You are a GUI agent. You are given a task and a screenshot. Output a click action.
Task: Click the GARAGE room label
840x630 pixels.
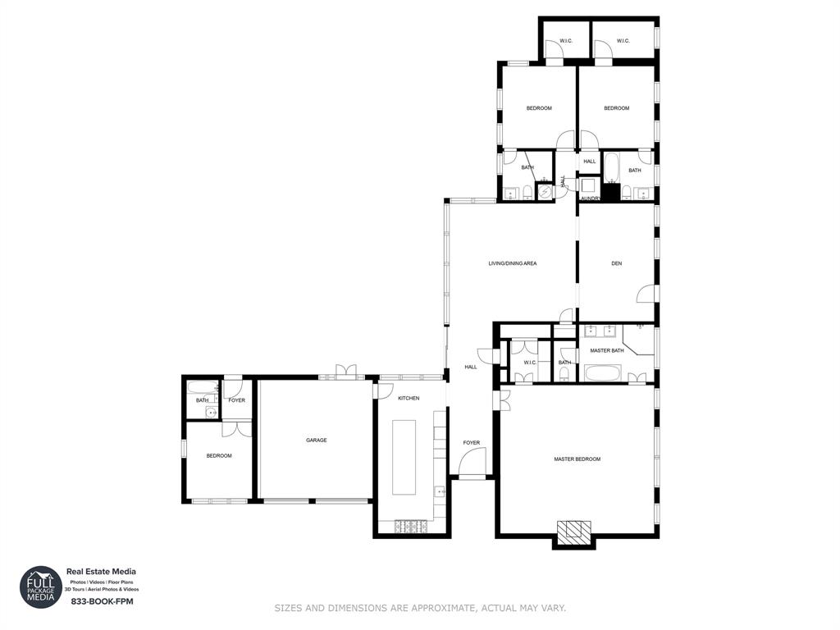click(x=317, y=441)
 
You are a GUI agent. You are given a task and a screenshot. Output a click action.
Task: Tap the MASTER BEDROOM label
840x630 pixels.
click(x=577, y=459)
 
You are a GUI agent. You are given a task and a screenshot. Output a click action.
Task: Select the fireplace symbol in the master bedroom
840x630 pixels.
click(x=573, y=532)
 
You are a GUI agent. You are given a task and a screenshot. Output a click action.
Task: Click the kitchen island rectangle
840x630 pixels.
click(x=404, y=457)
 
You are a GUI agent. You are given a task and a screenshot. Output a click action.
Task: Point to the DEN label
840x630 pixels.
click(x=616, y=263)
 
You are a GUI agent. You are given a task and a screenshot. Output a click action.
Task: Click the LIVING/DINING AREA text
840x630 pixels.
click(x=512, y=263)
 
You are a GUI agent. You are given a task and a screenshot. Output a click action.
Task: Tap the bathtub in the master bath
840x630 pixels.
click(x=605, y=374)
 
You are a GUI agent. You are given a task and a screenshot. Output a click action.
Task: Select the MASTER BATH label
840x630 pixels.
click(x=607, y=351)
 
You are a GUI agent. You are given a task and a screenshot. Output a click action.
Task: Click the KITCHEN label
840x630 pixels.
click(x=409, y=399)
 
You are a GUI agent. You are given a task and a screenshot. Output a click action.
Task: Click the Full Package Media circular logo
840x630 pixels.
click(x=41, y=587)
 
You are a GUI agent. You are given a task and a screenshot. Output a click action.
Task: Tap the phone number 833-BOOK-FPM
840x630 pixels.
click(x=102, y=601)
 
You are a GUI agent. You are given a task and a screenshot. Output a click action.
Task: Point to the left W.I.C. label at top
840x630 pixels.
click(x=566, y=41)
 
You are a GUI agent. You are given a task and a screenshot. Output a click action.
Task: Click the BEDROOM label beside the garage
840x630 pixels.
click(x=218, y=456)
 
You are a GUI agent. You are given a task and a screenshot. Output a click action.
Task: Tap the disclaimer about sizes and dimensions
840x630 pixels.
click(x=419, y=608)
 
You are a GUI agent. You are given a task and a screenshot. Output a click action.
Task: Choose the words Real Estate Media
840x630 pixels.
click(x=101, y=572)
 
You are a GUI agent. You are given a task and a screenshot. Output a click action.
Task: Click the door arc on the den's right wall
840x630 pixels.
click(x=647, y=294)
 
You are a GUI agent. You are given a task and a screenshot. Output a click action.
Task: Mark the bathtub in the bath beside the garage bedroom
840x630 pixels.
click(x=202, y=387)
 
